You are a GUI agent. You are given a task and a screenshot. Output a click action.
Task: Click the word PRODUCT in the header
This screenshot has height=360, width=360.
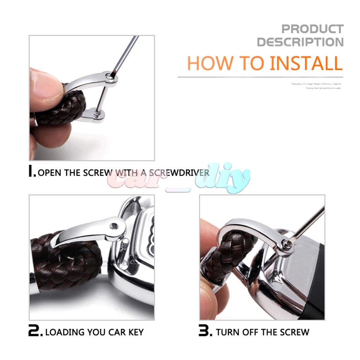[x=312, y=29]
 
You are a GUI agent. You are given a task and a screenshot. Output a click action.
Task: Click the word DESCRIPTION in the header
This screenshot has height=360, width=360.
[x=300, y=42]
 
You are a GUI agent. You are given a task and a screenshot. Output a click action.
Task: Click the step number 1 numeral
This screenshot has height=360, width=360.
[x=33, y=172]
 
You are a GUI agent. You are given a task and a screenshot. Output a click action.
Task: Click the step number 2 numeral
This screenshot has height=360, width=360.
[x=35, y=331]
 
